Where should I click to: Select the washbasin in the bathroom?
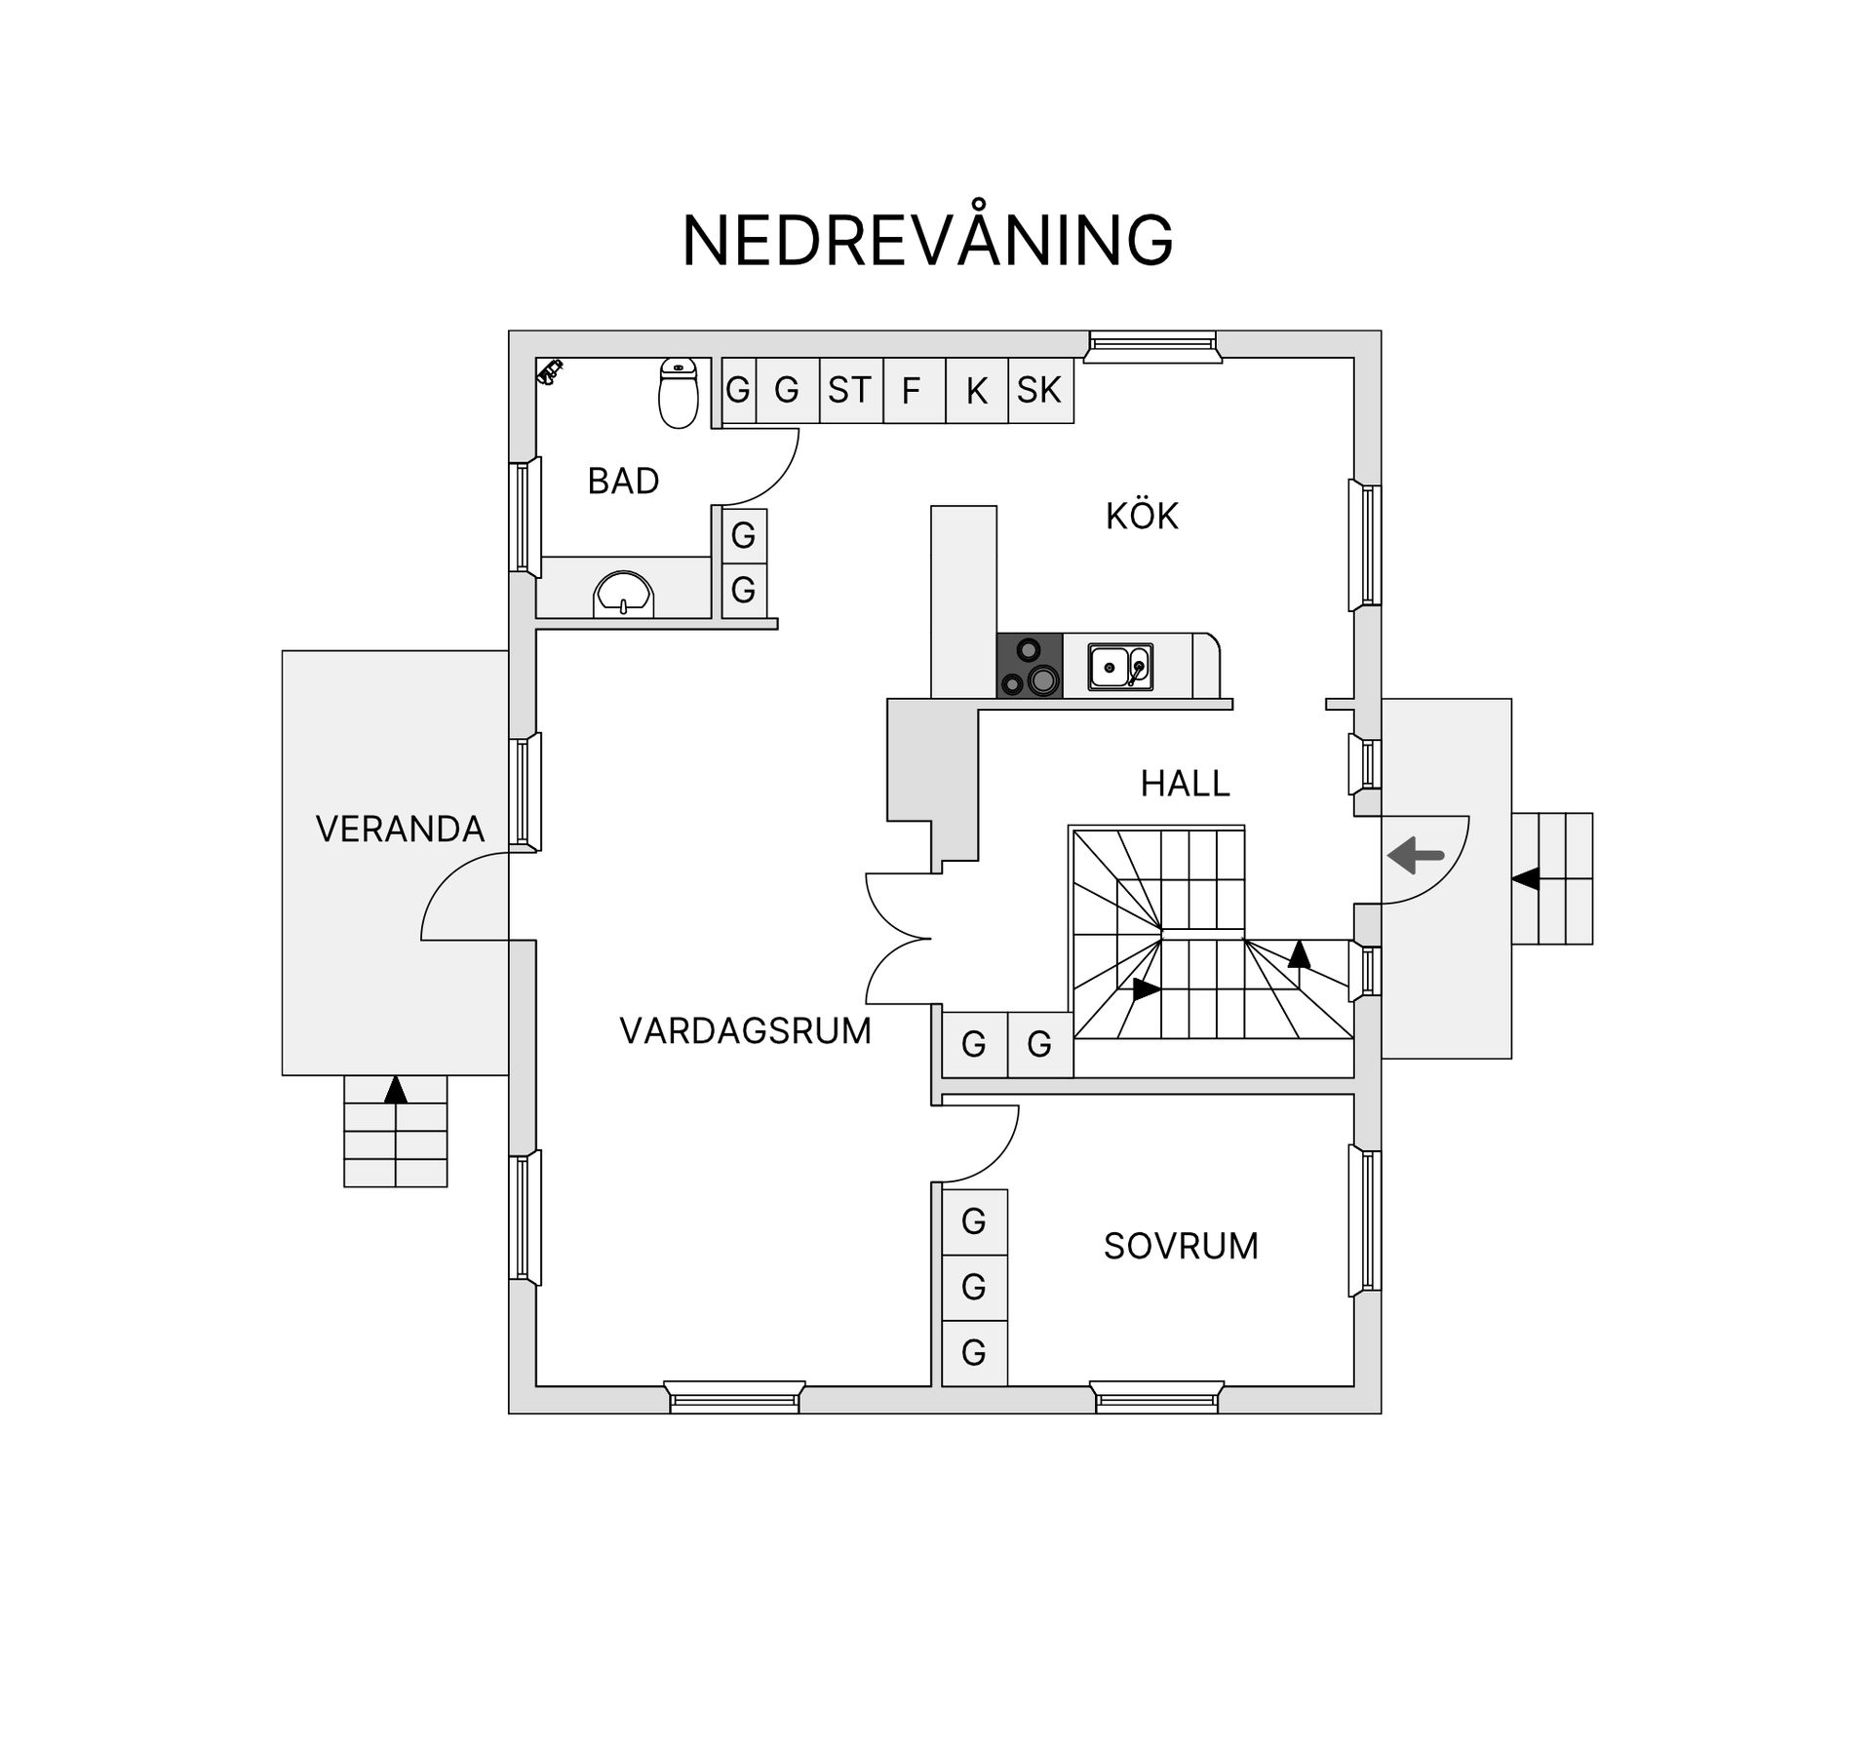coord(623,594)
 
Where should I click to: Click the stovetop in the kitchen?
coord(1030,666)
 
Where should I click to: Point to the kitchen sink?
coord(1120,667)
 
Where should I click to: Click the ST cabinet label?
coord(849,391)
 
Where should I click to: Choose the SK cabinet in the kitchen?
coord(1039,391)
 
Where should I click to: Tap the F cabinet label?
coord(911,392)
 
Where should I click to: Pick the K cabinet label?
coord(976,392)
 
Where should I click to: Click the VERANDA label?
coord(400,830)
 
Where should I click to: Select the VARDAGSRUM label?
coord(745,1031)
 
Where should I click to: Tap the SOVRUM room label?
coord(1181,1247)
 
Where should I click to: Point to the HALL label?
coord(1185,784)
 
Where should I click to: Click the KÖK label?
coord(1142,517)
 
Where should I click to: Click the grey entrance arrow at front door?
coord(1415,857)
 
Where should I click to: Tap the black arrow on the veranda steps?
coord(395,1090)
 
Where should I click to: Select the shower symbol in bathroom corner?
coord(550,371)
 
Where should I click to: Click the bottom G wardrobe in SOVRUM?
coord(974,1353)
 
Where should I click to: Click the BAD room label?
coord(623,482)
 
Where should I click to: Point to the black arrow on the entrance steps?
coord(1526,879)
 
